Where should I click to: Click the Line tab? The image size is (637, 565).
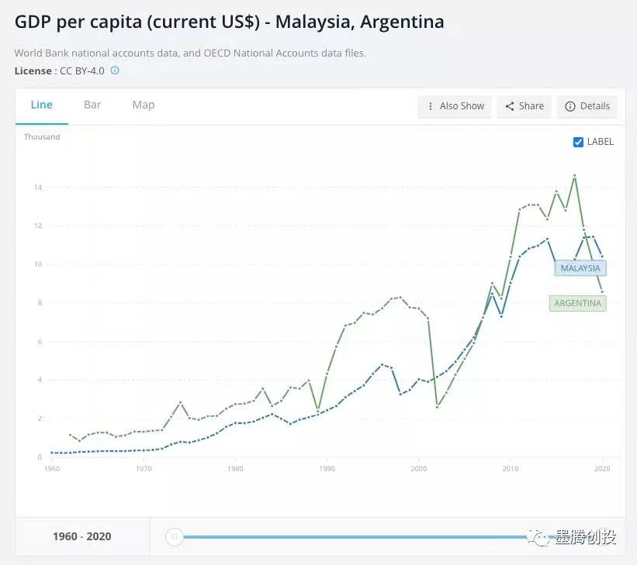pyautogui.click(x=41, y=105)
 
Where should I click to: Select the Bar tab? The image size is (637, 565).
pyautogui.click(x=92, y=105)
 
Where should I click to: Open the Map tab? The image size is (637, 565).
pyautogui.click(x=144, y=105)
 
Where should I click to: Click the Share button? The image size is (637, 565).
pyautogui.click(x=524, y=106)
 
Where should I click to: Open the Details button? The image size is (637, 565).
pyautogui.click(x=587, y=106)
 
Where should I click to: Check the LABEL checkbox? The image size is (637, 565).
pyautogui.click(x=578, y=142)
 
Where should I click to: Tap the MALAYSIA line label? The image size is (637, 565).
pyautogui.click(x=580, y=268)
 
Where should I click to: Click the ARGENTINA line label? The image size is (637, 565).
pyautogui.click(x=577, y=303)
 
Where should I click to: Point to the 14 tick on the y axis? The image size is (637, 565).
pyautogui.click(x=37, y=188)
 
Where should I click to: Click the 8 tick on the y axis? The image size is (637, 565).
pyautogui.click(x=39, y=303)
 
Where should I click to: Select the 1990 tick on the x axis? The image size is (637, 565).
pyautogui.click(x=327, y=469)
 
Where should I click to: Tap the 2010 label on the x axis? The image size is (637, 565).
pyautogui.click(x=510, y=469)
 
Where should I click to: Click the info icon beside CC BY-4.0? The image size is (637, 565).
pyautogui.click(x=115, y=71)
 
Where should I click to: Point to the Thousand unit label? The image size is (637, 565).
pyautogui.click(x=42, y=137)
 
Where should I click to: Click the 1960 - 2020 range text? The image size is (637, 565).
pyautogui.click(x=82, y=536)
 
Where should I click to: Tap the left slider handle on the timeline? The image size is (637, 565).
pyautogui.click(x=175, y=536)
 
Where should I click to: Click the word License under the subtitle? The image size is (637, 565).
pyautogui.click(x=33, y=71)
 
